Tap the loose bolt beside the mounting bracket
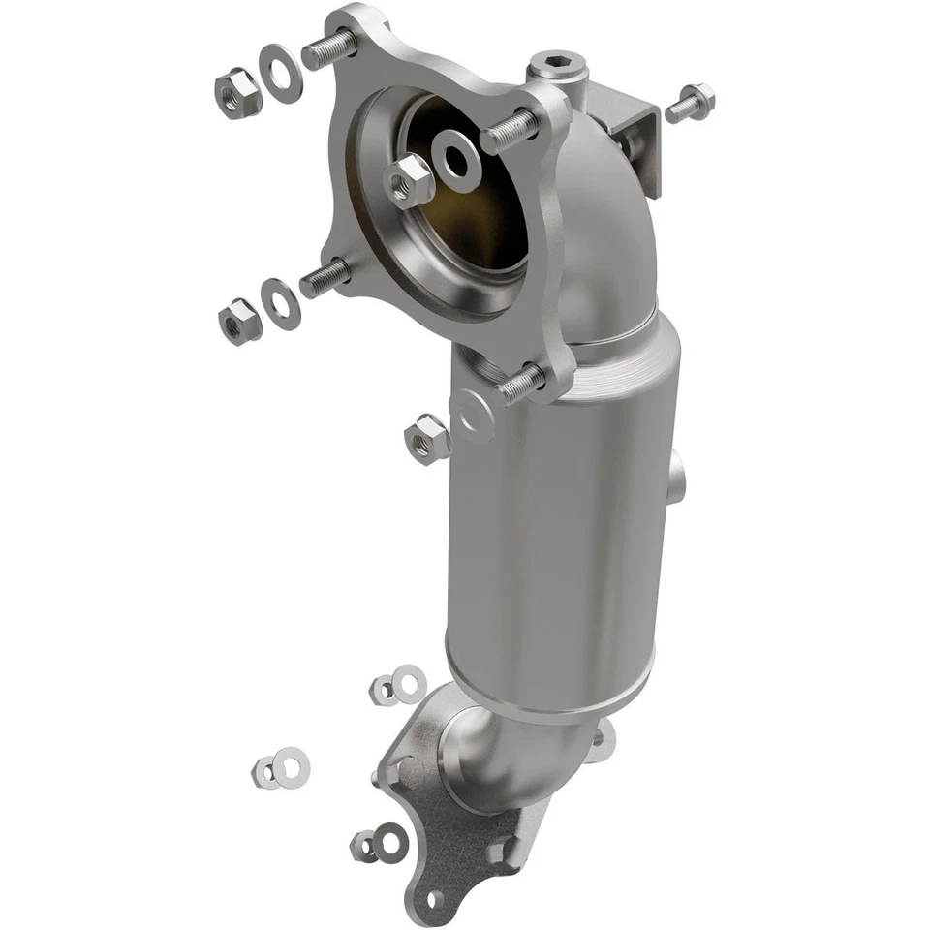[689, 102]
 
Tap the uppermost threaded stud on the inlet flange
[330, 49]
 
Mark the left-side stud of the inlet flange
[325, 278]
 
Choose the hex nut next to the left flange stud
[237, 322]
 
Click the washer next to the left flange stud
[282, 303]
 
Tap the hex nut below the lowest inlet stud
[426, 438]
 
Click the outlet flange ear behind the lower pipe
[603, 741]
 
